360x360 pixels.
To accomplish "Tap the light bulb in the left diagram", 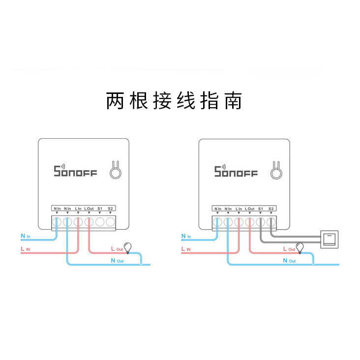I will [129, 246].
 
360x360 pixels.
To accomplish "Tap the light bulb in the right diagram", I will [299, 246].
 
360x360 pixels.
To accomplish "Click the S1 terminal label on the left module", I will [100, 209].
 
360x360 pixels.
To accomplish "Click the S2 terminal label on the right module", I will [270, 209].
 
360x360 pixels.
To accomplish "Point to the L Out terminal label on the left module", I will [89, 209].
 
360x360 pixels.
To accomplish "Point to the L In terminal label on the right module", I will [239, 209].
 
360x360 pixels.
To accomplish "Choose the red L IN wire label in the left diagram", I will [26, 250].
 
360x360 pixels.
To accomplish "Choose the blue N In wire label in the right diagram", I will [186, 237].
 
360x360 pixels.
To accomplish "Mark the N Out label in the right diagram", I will [289, 260].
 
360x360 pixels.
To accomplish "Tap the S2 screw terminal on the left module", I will [110, 222].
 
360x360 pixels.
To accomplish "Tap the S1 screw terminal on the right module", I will [260, 222].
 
